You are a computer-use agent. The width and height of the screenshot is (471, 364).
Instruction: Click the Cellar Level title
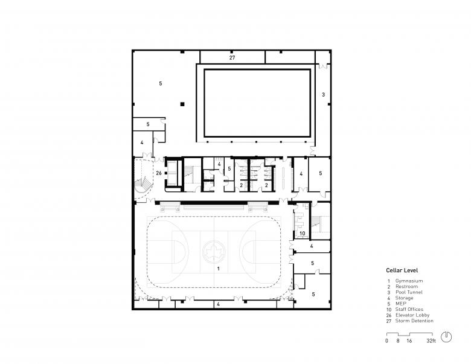click(402, 270)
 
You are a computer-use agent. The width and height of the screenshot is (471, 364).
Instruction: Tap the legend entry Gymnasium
click(409, 281)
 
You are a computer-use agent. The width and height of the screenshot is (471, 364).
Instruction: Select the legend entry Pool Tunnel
click(409, 292)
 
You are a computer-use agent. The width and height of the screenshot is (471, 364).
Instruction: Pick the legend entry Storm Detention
click(414, 321)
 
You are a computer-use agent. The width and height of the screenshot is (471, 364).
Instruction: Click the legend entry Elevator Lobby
click(412, 315)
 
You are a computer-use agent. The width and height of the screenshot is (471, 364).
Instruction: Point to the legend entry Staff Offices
click(409, 309)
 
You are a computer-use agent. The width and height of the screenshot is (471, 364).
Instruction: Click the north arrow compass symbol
click(446, 337)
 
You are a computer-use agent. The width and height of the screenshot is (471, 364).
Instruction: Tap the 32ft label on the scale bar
click(431, 341)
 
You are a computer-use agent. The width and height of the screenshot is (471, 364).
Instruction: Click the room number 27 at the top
click(232, 58)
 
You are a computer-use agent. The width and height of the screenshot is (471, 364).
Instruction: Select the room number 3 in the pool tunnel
click(323, 95)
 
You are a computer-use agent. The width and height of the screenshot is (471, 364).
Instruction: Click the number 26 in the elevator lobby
click(159, 173)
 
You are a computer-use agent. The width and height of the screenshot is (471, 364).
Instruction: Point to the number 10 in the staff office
click(302, 234)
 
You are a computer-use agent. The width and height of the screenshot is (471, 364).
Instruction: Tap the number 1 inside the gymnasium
click(219, 269)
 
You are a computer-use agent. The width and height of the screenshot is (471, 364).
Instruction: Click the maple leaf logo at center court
click(214, 251)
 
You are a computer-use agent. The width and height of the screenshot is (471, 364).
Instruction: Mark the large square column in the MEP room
click(182, 104)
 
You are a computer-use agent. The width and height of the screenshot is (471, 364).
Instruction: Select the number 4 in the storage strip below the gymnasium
click(219, 304)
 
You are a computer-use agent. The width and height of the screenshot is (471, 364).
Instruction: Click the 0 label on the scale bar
click(386, 341)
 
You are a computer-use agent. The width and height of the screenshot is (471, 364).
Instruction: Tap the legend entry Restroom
click(406, 287)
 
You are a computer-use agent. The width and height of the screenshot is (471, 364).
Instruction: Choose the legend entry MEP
click(401, 304)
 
